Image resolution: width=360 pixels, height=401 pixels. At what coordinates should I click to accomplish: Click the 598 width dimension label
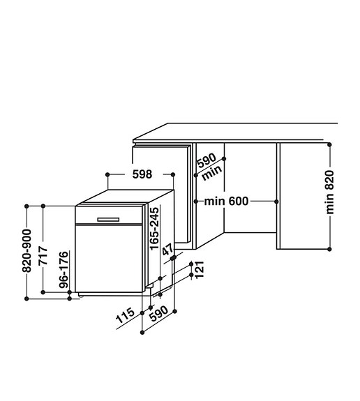[x=142, y=174]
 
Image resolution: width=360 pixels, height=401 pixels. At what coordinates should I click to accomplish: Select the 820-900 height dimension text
[x=27, y=250]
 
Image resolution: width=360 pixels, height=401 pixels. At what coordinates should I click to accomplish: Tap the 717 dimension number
[x=43, y=255]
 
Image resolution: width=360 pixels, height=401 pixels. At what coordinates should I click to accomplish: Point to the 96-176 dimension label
[x=63, y=270]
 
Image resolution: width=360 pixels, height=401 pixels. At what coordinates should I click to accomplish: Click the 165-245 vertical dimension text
[x=154, y=229]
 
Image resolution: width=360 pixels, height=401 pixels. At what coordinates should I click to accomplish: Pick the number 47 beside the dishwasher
[x=168, y=250]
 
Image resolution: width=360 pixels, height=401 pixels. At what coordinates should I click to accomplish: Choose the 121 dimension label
[x=200, y=269]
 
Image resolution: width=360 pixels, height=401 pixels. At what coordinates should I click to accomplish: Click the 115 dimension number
[x=125, y=315]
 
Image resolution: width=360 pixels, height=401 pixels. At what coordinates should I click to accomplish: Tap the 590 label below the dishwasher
[x=159, y=314]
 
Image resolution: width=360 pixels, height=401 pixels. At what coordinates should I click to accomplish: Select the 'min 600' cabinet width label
[x=226, y=202]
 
